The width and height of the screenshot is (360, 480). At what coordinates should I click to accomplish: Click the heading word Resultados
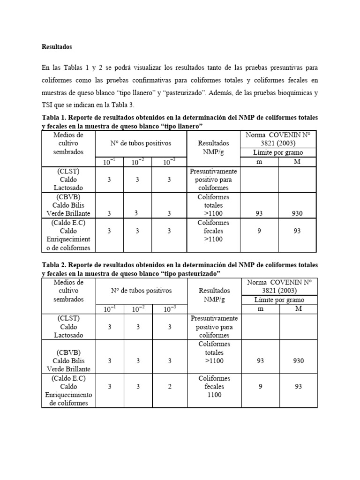[57, 47]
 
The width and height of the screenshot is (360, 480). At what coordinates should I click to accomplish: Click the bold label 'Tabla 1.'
[55, 117]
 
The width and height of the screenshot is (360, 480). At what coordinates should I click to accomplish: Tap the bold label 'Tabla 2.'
[55, 265]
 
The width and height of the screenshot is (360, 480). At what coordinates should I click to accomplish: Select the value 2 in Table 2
[170, 387]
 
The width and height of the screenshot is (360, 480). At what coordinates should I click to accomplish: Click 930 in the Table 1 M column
[297, 213]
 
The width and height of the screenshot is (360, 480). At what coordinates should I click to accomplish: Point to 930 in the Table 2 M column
[297, 361]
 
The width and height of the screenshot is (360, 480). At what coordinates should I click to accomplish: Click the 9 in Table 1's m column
[259, 231]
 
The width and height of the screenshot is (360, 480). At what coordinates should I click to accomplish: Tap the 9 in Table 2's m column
[259, 387]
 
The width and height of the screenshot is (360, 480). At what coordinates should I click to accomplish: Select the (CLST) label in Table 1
[68, 171]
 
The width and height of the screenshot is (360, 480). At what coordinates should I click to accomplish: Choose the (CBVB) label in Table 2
[68, 352]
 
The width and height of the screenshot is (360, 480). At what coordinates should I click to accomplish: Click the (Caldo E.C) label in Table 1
[68, 223]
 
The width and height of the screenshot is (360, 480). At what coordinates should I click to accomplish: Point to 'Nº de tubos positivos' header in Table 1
[141, 143]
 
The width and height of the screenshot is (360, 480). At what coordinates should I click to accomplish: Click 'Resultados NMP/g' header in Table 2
[214, 295]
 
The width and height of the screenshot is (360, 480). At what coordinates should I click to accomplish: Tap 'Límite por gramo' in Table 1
[278, 152]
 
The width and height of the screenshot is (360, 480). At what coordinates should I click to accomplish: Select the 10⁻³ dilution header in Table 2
[170, 309]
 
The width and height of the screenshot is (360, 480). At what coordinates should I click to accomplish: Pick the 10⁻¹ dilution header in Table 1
[109, 162]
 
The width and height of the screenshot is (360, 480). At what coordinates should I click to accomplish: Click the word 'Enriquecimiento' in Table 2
[68, 395]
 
